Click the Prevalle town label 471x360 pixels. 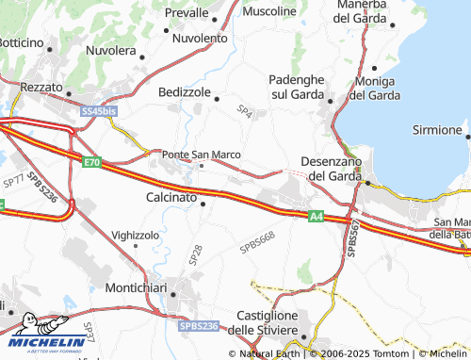pos(186,13)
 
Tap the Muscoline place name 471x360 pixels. pos(268,11)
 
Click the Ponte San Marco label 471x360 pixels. pos(202,155)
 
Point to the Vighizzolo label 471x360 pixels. pos(136,234)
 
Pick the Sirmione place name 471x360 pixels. pos(441,130)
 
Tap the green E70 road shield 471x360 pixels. pos(90,163)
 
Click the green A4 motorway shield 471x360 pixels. pos(317,217)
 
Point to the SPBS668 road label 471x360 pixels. pos(257,242)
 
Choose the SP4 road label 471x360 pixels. pos(245,113)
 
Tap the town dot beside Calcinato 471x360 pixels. pos(203,199)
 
